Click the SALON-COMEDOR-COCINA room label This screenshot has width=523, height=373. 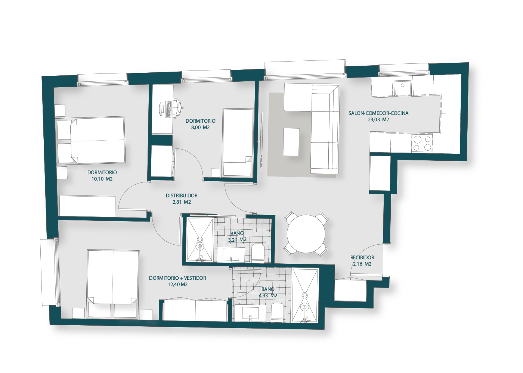pyautogui.click(x=378, y=113)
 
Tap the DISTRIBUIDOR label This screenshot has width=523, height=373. pyautogui.click(x=182, y=195)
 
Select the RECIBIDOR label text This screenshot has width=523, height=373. pyautogui.click(x=362, y=258)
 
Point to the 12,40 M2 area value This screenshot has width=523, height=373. pyautogui.click(x=178, y=284)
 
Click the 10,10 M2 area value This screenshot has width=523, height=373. pyautogui.click(x=102, y=179)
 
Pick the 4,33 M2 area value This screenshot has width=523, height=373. pyautogui.click(x=268, y=295)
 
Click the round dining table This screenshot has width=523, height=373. pyautogui.click(x=306, y=234)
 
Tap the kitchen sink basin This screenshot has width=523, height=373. pyautogui.click(x=403, y=88)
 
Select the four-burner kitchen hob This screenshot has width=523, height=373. pyautogui.click(x=422, y=143)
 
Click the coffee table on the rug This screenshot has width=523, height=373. pyautogui.click(x=291, y=142)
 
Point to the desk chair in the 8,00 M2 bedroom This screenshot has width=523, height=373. pyautogui.click(x=177, y=107)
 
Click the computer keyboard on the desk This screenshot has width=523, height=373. pyautogui.click(x=168, y=109)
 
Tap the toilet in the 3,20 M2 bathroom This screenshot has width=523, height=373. pyautogui.click(x=258, y=253)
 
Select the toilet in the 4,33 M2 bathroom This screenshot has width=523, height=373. pyautogui.click(x=277, y=312)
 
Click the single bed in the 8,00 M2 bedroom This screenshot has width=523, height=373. pyautogui.click(x=238, y=142)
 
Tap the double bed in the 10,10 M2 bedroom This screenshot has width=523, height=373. pyautogui.click(x=98, y=140)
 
